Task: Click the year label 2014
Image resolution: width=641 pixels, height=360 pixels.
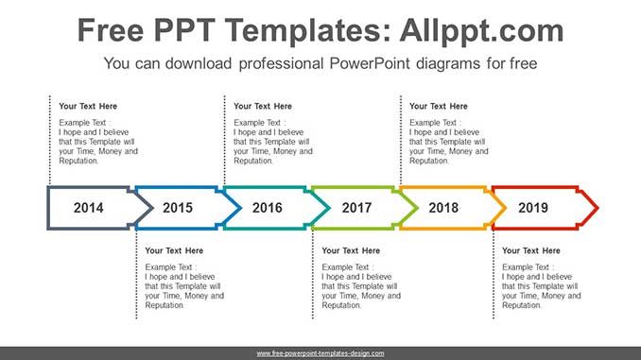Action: click(88, 208)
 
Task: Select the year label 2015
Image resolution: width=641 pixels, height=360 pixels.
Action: click(178, 208)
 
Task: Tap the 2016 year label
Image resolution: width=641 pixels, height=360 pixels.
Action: click(267, 208)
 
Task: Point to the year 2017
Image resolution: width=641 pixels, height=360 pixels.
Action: click(356, 208)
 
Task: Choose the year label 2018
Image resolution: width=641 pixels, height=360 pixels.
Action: click(443, 208)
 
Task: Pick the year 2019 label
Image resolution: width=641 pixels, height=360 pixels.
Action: click(533, 208)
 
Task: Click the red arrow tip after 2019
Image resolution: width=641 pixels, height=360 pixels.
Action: click(598, 208)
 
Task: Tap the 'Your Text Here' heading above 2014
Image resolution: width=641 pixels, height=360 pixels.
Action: click(88, 106)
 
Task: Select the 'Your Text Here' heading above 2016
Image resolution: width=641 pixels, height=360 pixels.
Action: click(263, 106)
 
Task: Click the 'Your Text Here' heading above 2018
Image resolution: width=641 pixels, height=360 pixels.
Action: click(439, 106)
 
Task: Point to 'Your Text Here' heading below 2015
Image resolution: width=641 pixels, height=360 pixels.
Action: click(174, 250)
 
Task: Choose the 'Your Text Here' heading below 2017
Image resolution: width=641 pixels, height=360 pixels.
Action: click(351, 250)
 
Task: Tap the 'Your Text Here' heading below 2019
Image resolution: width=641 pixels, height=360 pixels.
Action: click(531, 250)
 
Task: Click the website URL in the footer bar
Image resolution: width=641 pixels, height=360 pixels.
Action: click(320, 353)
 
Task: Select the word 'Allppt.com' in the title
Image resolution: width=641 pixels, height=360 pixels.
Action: click(481, 30)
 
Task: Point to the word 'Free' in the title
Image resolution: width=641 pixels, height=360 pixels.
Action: click(111, 30)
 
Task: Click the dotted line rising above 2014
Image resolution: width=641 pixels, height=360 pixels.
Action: click(50, 140)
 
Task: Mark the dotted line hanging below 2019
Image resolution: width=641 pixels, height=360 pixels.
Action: click(494, 274)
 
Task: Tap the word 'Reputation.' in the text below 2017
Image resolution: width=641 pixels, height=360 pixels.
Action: click(341, 305)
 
